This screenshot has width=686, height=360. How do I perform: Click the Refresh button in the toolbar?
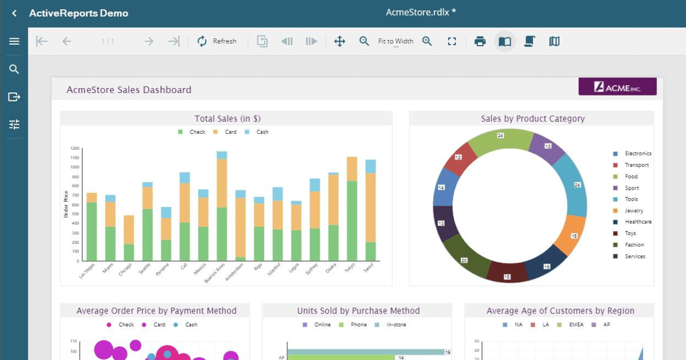pos(217,41)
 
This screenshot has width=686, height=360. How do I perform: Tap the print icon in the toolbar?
pos(480,41)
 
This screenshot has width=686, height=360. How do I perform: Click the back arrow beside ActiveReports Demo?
pos(14,13)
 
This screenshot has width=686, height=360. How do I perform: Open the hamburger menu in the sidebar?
pos(14,41)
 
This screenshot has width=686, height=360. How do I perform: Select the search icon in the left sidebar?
pos(14,69)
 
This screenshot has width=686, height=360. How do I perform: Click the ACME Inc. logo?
pos(617,87)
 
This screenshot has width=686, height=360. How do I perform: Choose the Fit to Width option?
pos(396,41)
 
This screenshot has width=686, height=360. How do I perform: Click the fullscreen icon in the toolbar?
pos(452,41)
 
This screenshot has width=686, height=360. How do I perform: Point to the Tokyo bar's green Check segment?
pos(352,221)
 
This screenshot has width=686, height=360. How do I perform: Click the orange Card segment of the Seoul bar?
pos(370,207)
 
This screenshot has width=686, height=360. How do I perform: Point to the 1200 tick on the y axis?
pos(75,149)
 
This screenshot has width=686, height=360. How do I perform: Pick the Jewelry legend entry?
pos(633,211)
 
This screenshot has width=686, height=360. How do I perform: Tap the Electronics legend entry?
pos(637,154)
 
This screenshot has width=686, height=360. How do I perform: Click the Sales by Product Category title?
pos(533,119)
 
